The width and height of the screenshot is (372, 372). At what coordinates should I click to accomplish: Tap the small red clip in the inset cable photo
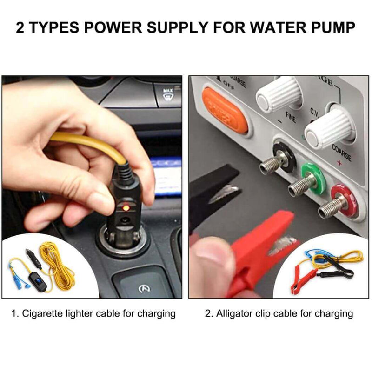(298, 282)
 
